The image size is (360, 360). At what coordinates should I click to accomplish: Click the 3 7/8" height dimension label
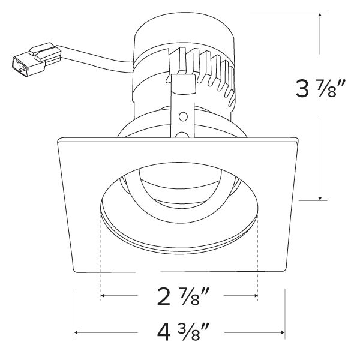pos(320,89)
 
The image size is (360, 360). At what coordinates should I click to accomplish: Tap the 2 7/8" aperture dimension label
pos(184,296)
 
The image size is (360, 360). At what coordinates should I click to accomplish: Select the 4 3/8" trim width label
pos(184,332)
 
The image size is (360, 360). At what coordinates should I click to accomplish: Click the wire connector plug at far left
pos(37,59)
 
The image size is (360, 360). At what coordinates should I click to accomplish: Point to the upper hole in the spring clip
pos(183,116)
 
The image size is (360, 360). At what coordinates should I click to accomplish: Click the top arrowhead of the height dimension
pos(320,14)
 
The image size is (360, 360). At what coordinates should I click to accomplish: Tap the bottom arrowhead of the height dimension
pos(320,199)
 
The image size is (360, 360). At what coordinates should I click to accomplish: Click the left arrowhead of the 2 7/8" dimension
pos(103,295)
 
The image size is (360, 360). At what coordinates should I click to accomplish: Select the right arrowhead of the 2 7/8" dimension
pos(256,295)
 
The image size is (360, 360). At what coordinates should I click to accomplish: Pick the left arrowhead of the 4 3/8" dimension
pos(76,332)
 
